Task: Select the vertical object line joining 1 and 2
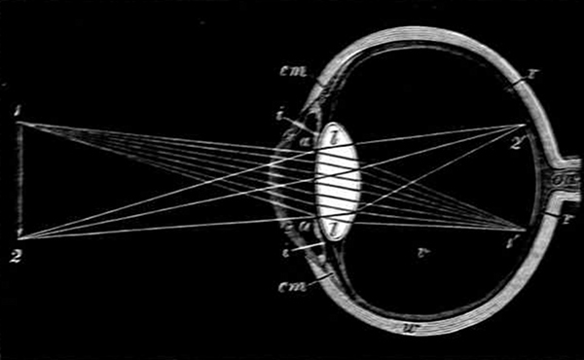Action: (19, 180)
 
